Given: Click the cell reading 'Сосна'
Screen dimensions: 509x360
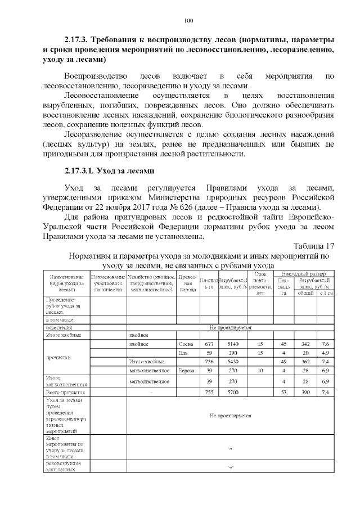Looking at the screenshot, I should [186, 344].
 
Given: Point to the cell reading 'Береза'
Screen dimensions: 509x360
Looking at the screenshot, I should [186, 371].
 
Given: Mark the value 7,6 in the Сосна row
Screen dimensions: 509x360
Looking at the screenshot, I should [326, 344].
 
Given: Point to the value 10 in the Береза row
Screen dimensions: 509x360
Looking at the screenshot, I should [260, 371].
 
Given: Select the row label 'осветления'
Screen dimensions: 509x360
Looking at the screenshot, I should [58, 327].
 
